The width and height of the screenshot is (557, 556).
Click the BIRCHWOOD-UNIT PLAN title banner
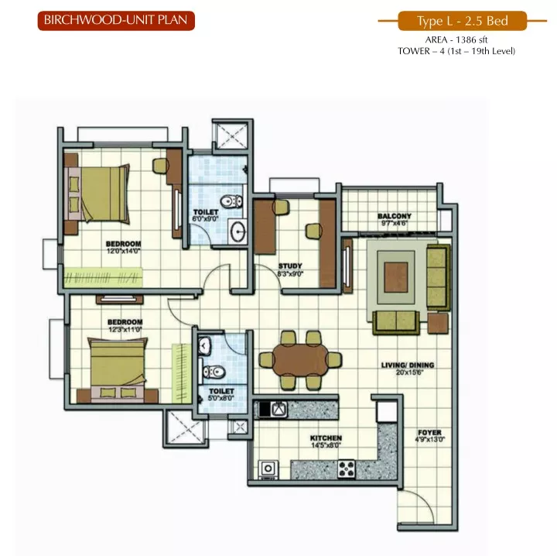pos(116,21)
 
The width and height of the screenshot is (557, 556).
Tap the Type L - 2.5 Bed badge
pos(462,21)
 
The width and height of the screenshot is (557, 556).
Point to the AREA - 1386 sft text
pos(456,39)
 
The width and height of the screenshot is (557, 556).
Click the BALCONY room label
pos(395,216)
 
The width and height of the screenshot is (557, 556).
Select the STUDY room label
pos(290,266)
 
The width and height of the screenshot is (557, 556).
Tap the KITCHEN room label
pos(326,438)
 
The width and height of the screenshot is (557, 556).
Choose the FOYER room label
pos(430,433)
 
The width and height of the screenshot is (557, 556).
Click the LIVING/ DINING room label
pos(408,365)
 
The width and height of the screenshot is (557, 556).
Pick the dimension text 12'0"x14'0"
pos(124,251)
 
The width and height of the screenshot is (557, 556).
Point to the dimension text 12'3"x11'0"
pos(125,330)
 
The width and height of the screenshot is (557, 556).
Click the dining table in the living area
pos(300,359)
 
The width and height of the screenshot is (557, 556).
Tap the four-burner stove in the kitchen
pos(347,469)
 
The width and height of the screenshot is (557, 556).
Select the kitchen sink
pos(279,409)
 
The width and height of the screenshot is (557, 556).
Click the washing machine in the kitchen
pos(268,469)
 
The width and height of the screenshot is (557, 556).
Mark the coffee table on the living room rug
pos(396,277)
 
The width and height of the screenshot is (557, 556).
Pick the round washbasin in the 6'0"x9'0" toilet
pos(237,232)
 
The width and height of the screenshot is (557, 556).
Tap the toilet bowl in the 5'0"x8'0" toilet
pos(213,372)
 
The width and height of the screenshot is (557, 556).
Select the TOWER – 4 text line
pos(456,51)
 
